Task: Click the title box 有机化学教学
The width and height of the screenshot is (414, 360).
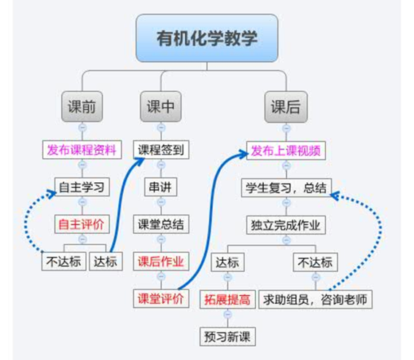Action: (x=207, y=39)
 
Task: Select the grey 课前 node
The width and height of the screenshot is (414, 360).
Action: (x=82, y=106)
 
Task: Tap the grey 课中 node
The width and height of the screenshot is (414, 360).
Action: (x=161, y=106)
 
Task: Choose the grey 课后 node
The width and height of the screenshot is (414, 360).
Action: (x=286, y=107)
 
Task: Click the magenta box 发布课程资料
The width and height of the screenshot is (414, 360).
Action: (x=82, y=150)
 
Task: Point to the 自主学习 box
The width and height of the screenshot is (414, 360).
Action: (x=82, y=187)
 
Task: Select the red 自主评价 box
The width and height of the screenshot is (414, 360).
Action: (x=82, y=224)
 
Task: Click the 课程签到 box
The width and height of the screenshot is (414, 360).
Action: (x=161, y=150)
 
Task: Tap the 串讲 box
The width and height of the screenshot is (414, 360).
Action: (x=160, y=187)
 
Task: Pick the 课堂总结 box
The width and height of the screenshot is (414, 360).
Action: (x=161, y=224)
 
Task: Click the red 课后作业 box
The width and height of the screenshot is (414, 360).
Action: (x=161, y=262)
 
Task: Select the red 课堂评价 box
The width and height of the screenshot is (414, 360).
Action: (x=161, y=299)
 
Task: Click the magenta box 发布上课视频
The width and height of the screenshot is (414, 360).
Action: (x=286, y=151)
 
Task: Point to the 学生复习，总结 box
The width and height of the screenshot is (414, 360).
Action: (x=286, y=188)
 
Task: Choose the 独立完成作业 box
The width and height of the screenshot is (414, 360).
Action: (x=286, y=225)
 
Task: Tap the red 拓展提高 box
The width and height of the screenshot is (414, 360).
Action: (x=227, y=300)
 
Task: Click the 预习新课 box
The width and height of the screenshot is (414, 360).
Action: (x=227, y=337)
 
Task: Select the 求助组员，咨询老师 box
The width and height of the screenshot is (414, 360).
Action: (x=316, y=300)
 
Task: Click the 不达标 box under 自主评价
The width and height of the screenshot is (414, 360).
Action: (x=64, y=262)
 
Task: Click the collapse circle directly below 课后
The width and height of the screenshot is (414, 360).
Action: (x=286, y=128)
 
